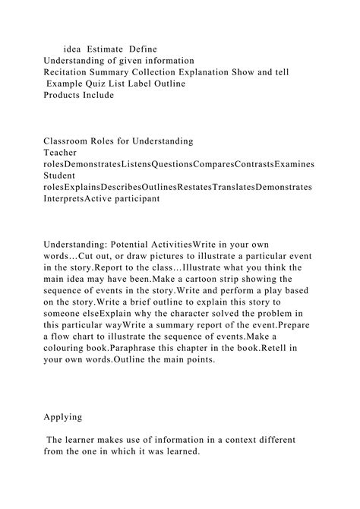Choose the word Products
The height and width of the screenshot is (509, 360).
65,96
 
